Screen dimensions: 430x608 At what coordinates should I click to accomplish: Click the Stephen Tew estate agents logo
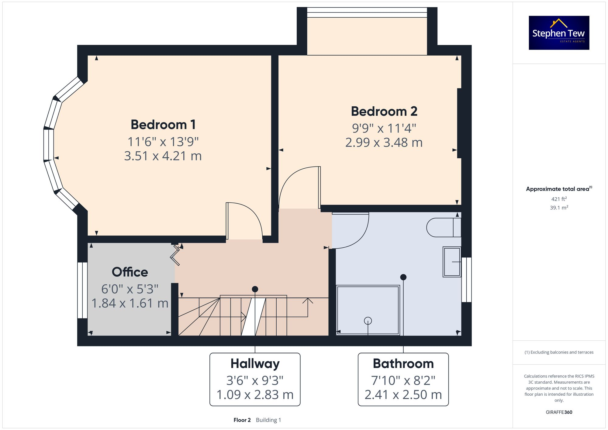coord(559,33)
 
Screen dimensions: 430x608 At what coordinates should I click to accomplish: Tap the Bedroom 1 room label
coord(163,125)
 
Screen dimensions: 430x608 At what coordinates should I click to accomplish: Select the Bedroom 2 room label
coord(384,111)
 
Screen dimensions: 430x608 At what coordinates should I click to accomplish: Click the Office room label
coord(130,272)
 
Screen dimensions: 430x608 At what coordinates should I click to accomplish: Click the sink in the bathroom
coord(452,262)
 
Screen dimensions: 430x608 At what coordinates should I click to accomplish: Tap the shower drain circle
coord(368,321)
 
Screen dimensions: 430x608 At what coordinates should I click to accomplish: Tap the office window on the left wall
coord(82,290)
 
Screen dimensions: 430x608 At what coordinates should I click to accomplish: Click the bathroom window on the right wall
coord(466,280)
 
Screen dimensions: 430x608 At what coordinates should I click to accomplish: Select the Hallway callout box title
coord(255,364)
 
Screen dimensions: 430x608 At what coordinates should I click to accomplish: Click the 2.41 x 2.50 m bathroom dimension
coord(403,395)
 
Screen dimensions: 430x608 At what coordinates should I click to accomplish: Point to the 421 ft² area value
coord(559,199)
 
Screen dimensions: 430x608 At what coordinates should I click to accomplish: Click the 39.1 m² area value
coord(559,208)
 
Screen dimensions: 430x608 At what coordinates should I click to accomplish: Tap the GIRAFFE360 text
coord(559,412)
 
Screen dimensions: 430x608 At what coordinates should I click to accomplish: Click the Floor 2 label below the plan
coord(242,420)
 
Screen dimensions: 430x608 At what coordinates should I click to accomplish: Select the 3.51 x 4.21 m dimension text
coord(163,156)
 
